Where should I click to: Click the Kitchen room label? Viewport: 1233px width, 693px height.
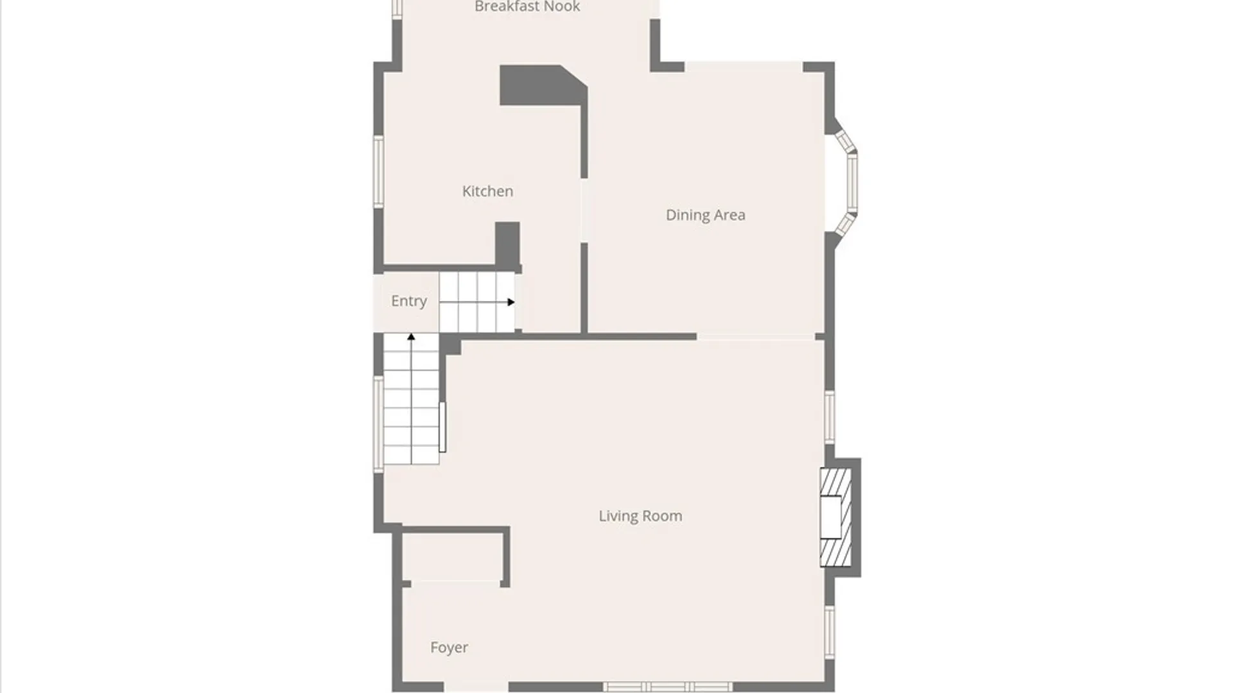click(487, 191)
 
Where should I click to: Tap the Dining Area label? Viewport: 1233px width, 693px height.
click(705, 215)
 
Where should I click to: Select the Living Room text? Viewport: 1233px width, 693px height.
click(640, 516)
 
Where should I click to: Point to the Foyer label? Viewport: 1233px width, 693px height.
click(449, 647)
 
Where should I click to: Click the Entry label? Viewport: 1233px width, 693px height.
click(408, 301)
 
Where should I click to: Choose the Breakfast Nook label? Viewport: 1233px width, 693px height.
click(527, 7)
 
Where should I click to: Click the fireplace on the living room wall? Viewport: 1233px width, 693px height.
click(835, 517)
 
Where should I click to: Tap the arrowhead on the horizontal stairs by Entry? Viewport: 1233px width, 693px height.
click(511, 302)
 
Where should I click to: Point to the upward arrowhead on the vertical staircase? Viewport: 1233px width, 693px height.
click(411, 337)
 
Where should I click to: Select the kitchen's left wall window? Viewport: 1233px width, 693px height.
click(379, 171)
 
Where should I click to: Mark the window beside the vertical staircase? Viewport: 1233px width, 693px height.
click(379, 424)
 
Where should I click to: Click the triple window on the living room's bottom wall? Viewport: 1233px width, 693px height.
click(668, 687)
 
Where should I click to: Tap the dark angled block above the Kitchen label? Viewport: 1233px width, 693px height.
click(543, 85)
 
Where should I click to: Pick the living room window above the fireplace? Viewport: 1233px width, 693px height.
click(830, 417)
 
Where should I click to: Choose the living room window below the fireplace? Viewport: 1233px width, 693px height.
click(830, 632)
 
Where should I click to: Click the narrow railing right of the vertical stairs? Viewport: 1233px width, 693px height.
click(442, 427)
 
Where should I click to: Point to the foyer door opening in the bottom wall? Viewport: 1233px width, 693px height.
click(476, 687)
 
